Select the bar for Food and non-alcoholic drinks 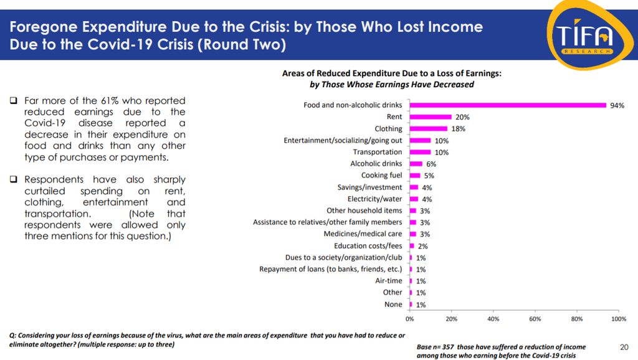[508, 105]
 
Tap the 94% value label [617, 105]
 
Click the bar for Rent [431, 116]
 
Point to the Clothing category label [388, 128]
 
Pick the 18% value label [458, 128]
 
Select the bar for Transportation [420, 152]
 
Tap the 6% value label [431, 164]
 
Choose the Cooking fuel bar [415, 176]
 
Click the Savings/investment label [369, 187]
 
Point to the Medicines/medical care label [363, 234]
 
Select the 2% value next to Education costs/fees [422, 246]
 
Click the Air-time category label [389, 281]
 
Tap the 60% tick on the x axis [535, 318]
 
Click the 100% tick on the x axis [619, 318]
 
